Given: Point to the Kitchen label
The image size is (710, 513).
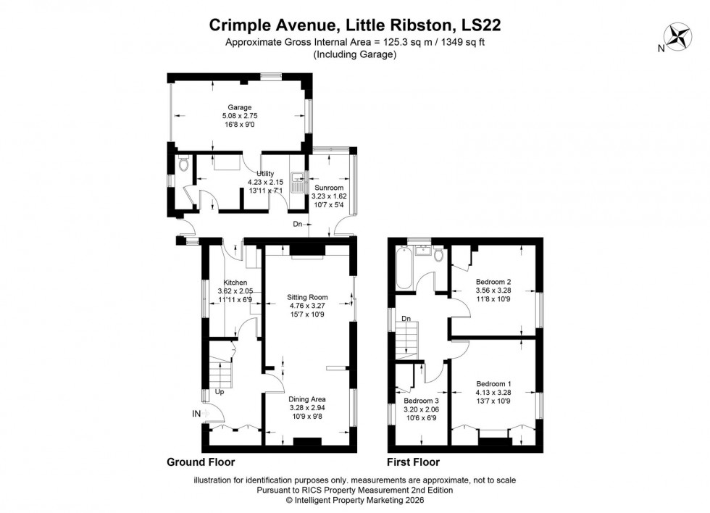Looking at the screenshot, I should click(235, 283).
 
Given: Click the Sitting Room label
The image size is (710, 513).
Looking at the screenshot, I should click(307, 297).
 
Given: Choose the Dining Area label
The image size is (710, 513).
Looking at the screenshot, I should click(307, 399).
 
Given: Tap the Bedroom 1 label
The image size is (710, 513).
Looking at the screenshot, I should click(493, 383).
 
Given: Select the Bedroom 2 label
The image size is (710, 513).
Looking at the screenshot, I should click(493, 282).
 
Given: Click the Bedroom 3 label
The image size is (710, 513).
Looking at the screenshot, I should click(421, 401).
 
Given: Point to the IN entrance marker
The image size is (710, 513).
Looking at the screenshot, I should click(196, 413).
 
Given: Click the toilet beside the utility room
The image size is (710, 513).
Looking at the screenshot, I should click(182, 164).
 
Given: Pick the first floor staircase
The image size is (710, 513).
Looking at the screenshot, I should click(409, 339).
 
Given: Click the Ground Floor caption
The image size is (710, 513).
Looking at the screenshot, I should click(201, 462).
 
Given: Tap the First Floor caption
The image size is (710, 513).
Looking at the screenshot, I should click(414, 462).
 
